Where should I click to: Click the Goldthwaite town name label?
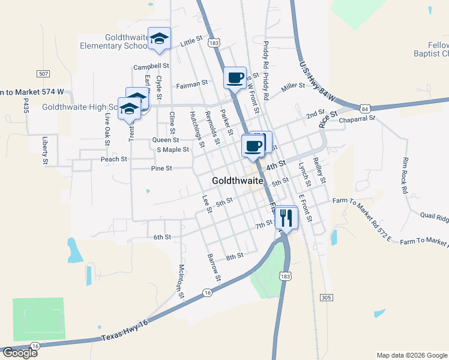click(x=239, y=181)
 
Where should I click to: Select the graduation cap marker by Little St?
click(x=159, y=39)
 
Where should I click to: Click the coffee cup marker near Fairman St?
click(x=235, y=78)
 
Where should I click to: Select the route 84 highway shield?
click(x=366, y=109)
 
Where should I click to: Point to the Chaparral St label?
click(x=357, y=119)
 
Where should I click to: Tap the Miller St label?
click(x=293, y=87)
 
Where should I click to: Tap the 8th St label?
click(x=234, y=256)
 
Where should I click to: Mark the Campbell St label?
click(x=151, y=66)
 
